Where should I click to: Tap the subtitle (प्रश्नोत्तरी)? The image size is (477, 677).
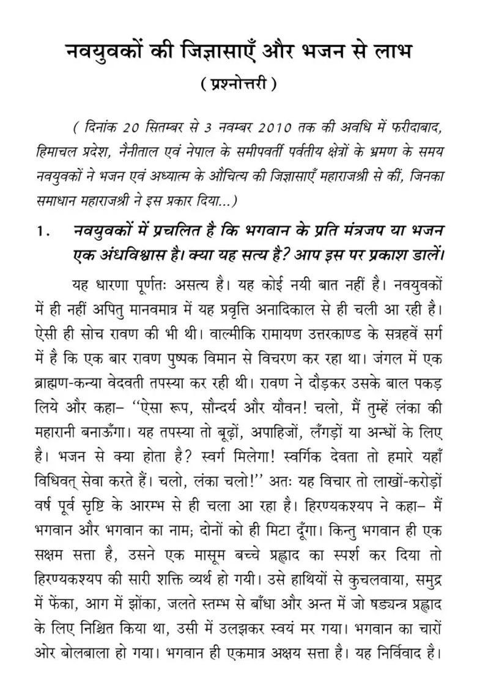(x=239, y=84)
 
